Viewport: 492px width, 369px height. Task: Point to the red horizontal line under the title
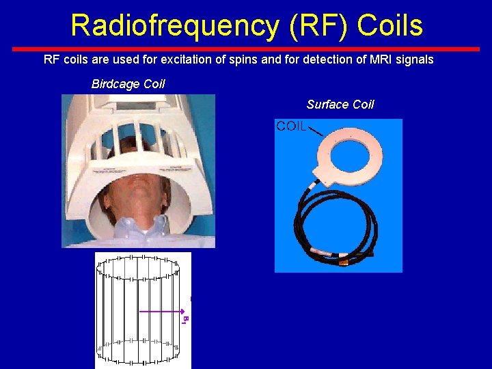tap(246, 49)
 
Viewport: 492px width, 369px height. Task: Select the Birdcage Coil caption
tap(128, 84)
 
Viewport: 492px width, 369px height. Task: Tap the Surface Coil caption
tap(340, 105)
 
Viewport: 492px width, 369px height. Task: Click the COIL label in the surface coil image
tap(290, 126)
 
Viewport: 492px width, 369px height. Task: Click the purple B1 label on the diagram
tap(184, 318)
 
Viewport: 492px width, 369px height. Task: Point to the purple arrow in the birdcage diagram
tap(161, 312)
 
